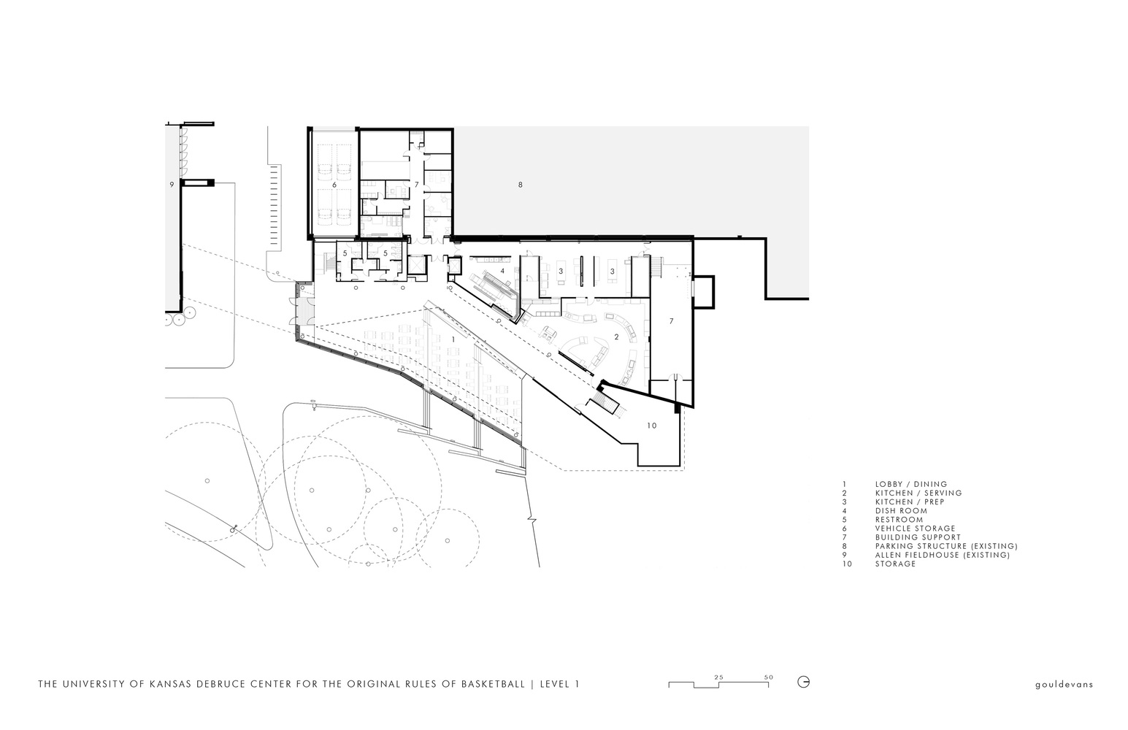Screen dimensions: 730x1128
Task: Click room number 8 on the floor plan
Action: [x=520, y=185]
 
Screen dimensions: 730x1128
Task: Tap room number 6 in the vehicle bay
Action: [x=334, y=185]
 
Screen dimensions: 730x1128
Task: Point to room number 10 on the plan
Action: [x=651, y=425]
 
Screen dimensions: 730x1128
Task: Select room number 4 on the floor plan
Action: [x=502, y=271]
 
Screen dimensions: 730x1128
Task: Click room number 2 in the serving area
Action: [x=617, y=337]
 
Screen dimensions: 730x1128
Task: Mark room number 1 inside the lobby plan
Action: [x=453, y=339]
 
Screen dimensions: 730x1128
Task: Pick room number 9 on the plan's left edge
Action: [x=172, y=185]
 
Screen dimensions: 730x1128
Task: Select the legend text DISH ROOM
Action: [x=901, y=511]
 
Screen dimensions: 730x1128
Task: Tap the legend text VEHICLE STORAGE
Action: [x=915, y=529]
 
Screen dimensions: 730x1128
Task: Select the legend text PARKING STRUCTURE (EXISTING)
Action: [x=945, y=546]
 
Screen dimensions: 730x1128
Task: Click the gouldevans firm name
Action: [x=1064, y=685]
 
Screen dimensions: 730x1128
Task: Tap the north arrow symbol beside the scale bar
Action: [x=804, y=683]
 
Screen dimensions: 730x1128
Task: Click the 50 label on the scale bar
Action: [x=768, y=677]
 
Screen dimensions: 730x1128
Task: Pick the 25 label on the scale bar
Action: [x=718, y=677]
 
